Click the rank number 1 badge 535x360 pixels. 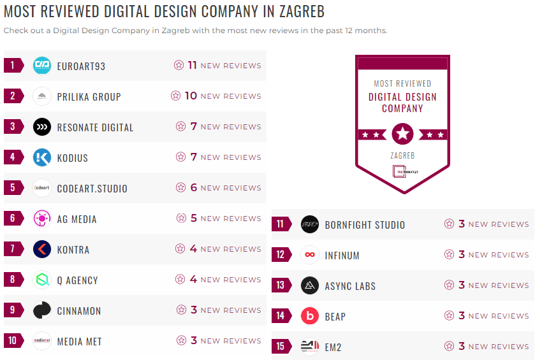[x=13, y=65]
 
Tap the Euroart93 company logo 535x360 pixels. [x=42, y=65]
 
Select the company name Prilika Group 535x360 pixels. [x=89, y=96]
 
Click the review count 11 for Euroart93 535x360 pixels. [x=192, y=65]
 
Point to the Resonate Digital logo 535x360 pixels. [x=42, y=127]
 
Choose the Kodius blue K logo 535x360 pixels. [x=42, y=157]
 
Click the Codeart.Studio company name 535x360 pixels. [x=92, y=188]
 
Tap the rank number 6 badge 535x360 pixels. [x=13, y=219]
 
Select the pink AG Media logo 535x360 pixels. [x=42, y=219]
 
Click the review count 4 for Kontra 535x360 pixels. [x=193, y=249]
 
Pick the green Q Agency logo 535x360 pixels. [x=42, y=280]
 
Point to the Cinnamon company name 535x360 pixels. [x=79, y=311]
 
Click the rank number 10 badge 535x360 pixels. [x=13, y=341]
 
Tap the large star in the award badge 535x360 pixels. [x=402, y=134]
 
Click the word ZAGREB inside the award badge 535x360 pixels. [x=402, y=155]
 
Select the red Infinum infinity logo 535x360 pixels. [x=310, y=255]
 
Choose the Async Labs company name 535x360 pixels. [x=350, y=285]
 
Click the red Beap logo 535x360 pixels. [x=310, y=316]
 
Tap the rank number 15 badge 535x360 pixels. [x=281, y=347]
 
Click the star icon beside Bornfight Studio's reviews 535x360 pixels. [x=450, y=224]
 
